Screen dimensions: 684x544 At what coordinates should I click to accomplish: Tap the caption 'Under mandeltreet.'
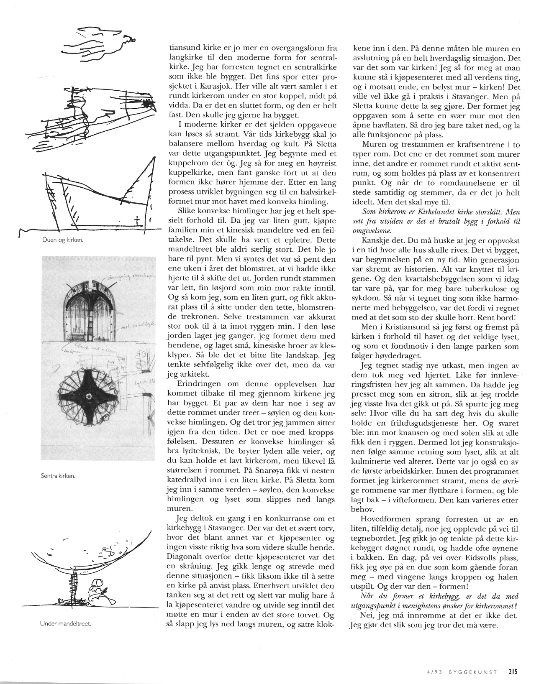pos(66,623)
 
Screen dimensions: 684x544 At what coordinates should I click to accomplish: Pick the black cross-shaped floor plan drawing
pos(89,396)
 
